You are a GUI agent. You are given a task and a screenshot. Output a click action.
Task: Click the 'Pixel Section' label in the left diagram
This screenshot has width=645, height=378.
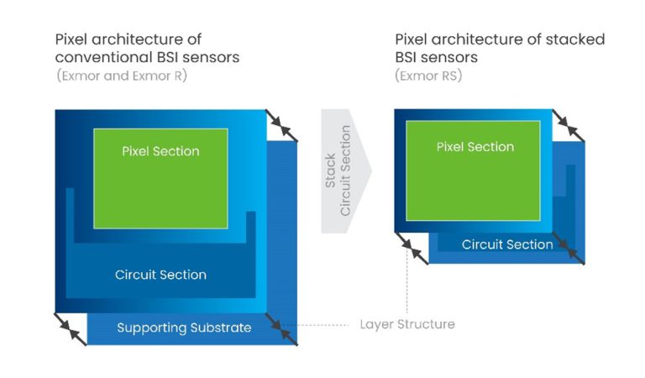[x=160, y=151]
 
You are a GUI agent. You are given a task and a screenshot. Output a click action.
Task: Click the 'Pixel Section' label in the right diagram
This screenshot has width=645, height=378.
[x=475, y=147]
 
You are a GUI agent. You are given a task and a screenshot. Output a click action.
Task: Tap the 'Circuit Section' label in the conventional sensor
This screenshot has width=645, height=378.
[x=160, y=275]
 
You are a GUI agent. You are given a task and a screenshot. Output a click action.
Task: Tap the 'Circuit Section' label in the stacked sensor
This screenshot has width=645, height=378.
[x=507, y=244]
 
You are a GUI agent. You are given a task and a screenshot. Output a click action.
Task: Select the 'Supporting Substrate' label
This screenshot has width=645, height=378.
[x=183, y=328]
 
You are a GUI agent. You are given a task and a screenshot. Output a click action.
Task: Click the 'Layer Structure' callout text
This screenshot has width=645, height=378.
[x=407, y=324]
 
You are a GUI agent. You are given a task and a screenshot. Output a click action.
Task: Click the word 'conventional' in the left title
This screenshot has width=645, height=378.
[x=93, y=57]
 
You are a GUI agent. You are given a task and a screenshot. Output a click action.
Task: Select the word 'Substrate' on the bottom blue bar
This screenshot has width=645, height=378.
[x=221, y=328]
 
